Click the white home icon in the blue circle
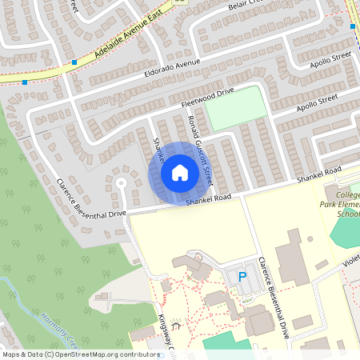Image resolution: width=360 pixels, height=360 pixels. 179,172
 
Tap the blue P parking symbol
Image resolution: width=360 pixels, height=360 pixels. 242,278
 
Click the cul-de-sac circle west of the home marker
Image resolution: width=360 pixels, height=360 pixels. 122,182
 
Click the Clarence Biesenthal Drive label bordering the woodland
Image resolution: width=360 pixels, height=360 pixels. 90,196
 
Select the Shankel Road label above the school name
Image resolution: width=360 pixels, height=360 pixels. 319,174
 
